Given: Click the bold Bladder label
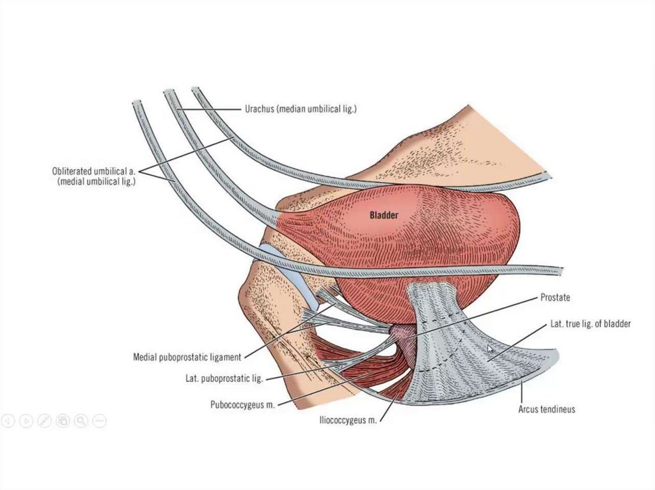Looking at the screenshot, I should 384,215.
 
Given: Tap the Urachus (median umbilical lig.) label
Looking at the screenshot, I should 300,109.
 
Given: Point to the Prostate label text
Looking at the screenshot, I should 555,298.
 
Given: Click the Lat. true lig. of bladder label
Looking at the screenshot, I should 590,324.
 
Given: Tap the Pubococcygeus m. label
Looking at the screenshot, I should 242,404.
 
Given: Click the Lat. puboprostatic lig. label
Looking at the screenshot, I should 219,378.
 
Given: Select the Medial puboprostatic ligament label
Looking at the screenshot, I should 187,356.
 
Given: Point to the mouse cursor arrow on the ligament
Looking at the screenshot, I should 491,349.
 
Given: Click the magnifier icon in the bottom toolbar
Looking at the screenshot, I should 81,420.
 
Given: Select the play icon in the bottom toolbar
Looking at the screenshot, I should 26,420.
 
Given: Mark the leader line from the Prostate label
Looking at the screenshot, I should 473,316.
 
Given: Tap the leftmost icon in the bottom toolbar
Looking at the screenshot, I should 8,420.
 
